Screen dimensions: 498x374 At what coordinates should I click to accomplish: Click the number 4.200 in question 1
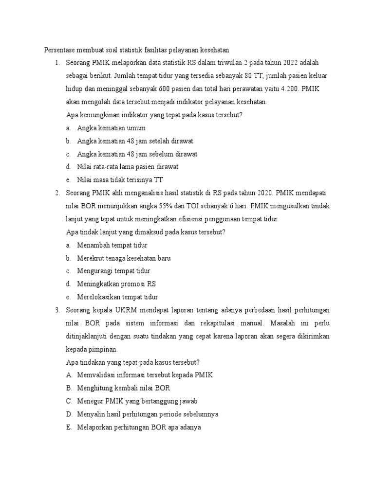pos(291,89)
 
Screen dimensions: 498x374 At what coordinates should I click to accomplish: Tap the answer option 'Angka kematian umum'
pos(111,128)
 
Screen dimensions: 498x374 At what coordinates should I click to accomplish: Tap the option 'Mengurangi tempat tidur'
pos(113,271)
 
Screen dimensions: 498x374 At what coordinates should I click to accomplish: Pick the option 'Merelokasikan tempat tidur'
pos(117,297)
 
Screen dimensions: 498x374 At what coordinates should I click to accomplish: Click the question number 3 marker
pos(56,310)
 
